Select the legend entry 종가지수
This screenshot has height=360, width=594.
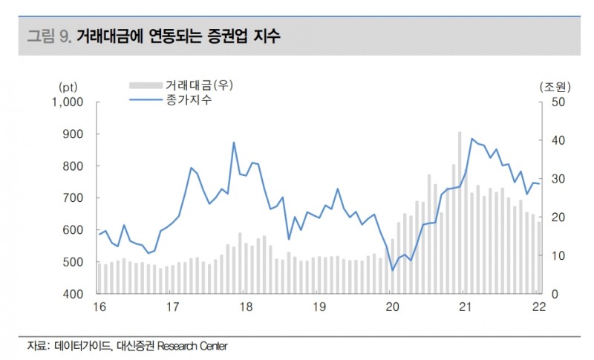[x=189, y=100]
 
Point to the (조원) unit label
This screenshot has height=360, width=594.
[x=551, y=87]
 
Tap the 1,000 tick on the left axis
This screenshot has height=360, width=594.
[x=70, y=102]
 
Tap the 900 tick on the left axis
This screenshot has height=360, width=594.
[x=76, y=134]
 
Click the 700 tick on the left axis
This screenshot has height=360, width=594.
[x=76, y=198]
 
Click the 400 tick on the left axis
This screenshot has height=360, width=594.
[x=76, y=294]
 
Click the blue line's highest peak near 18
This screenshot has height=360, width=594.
[x=234, y=143]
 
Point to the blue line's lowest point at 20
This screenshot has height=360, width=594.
[x=393, y=270]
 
